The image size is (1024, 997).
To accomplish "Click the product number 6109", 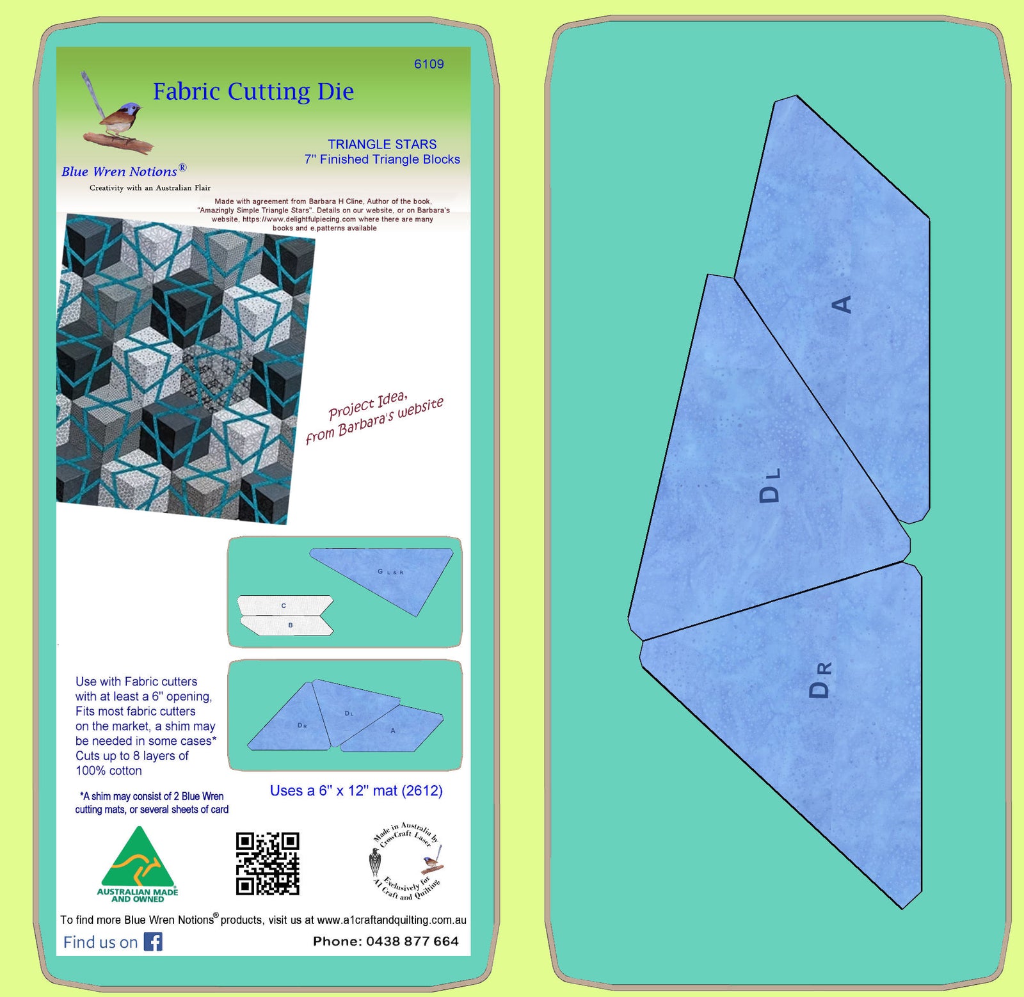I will pos(428,64).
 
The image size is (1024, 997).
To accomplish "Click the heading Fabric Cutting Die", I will pos(253,92).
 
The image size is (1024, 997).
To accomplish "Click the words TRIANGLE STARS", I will pos(382,145).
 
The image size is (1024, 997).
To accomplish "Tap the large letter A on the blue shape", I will pos(842,304).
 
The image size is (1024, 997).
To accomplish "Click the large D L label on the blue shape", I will pos(769,485).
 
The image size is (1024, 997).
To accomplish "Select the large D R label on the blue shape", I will pos(820,680).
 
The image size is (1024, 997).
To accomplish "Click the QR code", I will pos(268,863).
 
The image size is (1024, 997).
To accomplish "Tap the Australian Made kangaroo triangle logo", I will pos(138,864).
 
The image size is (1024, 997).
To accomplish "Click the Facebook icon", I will pos(153,941).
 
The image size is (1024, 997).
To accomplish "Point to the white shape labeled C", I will pos(285,605).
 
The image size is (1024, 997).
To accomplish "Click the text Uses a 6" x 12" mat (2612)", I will pos(356,790).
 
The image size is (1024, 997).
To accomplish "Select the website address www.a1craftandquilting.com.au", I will pos(391,920).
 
